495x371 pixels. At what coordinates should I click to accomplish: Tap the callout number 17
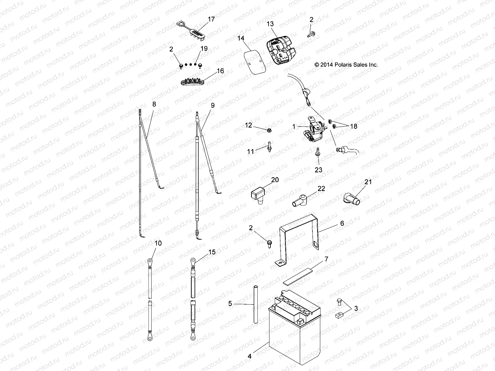coord(211,19)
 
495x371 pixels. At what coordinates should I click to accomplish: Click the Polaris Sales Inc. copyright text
coord(346,65)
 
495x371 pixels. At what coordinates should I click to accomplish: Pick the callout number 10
coord(158,243)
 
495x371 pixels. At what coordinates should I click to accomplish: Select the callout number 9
coord(212,105)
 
